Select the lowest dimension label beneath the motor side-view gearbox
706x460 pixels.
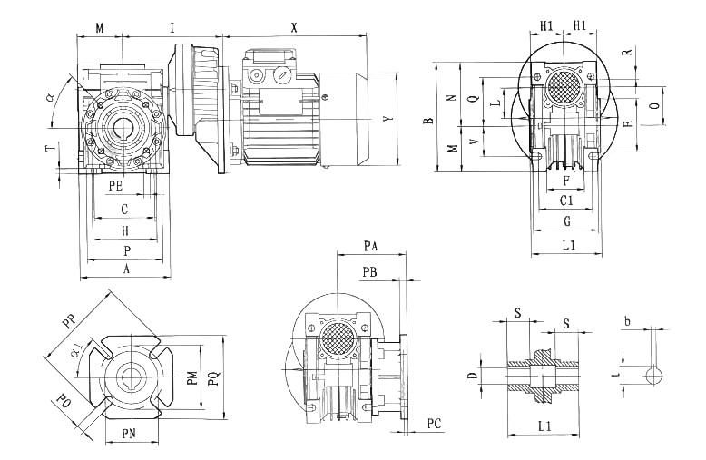click(126, 269)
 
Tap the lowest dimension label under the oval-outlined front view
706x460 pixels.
click(568, 244)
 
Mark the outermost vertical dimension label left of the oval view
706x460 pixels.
click(427, 121)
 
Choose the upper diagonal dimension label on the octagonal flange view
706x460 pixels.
click(68, 320)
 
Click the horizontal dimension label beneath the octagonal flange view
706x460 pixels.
click(130, 434)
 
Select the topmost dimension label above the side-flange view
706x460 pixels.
click(370, 245)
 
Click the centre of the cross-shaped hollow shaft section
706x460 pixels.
click(544, 373)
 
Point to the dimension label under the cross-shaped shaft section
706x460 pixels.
click(543, 425)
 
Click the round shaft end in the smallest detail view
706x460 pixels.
click(654, 375)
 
